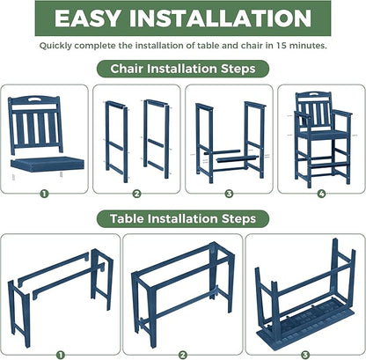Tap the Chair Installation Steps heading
coord(183,68)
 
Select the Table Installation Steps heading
coord(183,217)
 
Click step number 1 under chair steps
coord(45,194)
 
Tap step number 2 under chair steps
coord(136,194)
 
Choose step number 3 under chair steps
coord(228,194)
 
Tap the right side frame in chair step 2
coord(157,136)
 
